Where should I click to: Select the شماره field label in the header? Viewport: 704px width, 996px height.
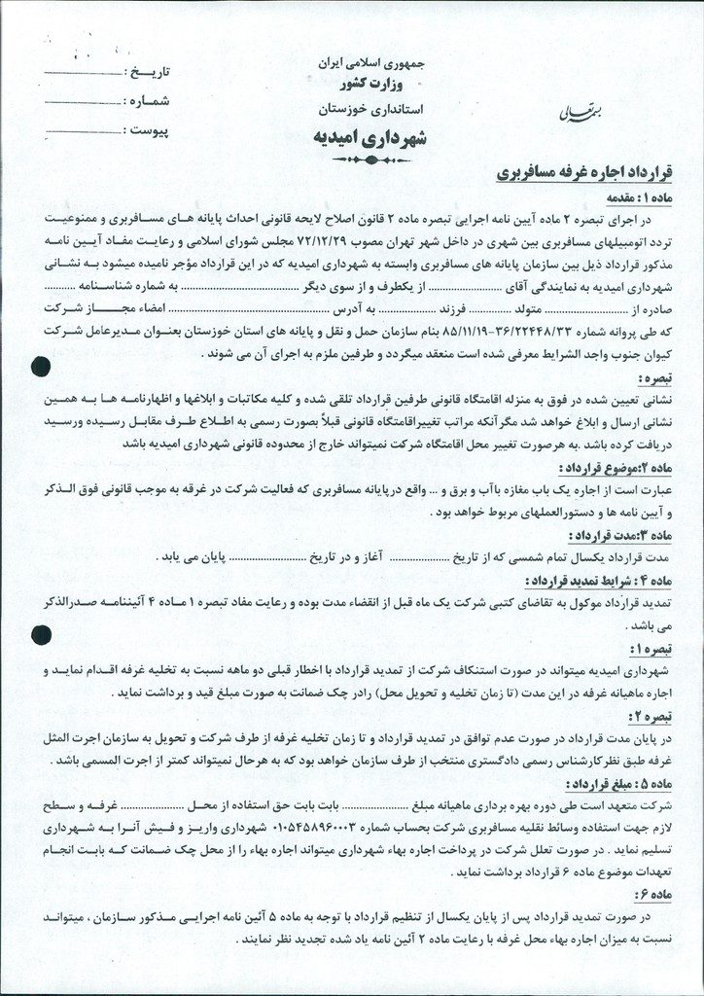[x=148, y=101]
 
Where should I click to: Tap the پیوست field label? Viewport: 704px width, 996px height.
[x=148, y=129]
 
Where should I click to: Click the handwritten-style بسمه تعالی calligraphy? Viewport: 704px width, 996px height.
[x=554, y=113]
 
